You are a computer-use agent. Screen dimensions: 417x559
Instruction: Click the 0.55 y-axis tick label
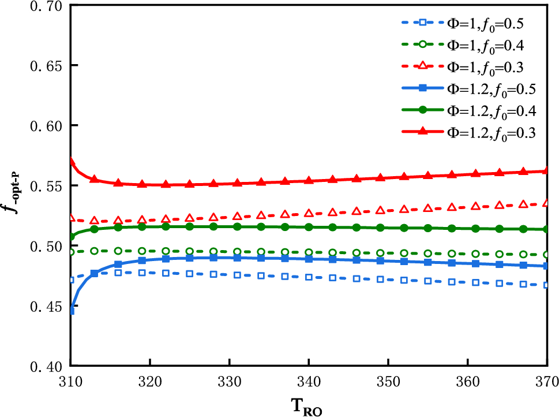43,186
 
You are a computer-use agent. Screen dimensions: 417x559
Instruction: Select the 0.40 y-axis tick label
43,366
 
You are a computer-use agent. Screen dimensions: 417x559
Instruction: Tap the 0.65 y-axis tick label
43,66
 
